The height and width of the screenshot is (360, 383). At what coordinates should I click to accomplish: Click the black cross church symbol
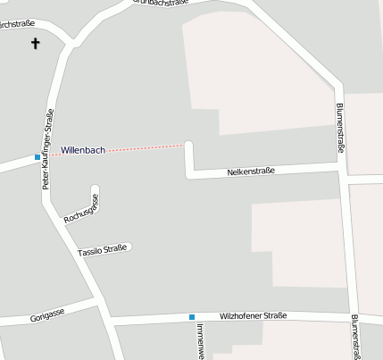[x=37, y=43]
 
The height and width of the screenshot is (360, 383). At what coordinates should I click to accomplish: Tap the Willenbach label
[x=83, y=150]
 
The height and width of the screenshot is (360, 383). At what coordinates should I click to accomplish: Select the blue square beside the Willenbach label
[x=37, y=157]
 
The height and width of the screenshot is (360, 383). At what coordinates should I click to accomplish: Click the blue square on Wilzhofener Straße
[x=191, y=317]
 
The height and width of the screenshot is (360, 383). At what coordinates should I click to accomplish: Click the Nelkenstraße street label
[x=250, y=170]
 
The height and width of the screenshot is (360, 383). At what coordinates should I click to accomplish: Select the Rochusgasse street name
[x=80, y=208]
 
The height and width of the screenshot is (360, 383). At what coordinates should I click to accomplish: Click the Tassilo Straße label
[x=104, y=249]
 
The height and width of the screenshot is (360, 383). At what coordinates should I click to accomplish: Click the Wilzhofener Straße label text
[x=253, y=315]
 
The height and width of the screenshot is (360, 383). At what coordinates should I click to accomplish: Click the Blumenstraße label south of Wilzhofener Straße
[x=354, y=338]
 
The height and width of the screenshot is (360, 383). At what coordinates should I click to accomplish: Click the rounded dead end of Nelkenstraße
[x=188, y=144]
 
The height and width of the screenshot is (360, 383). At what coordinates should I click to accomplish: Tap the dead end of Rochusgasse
[x=94, y=188]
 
